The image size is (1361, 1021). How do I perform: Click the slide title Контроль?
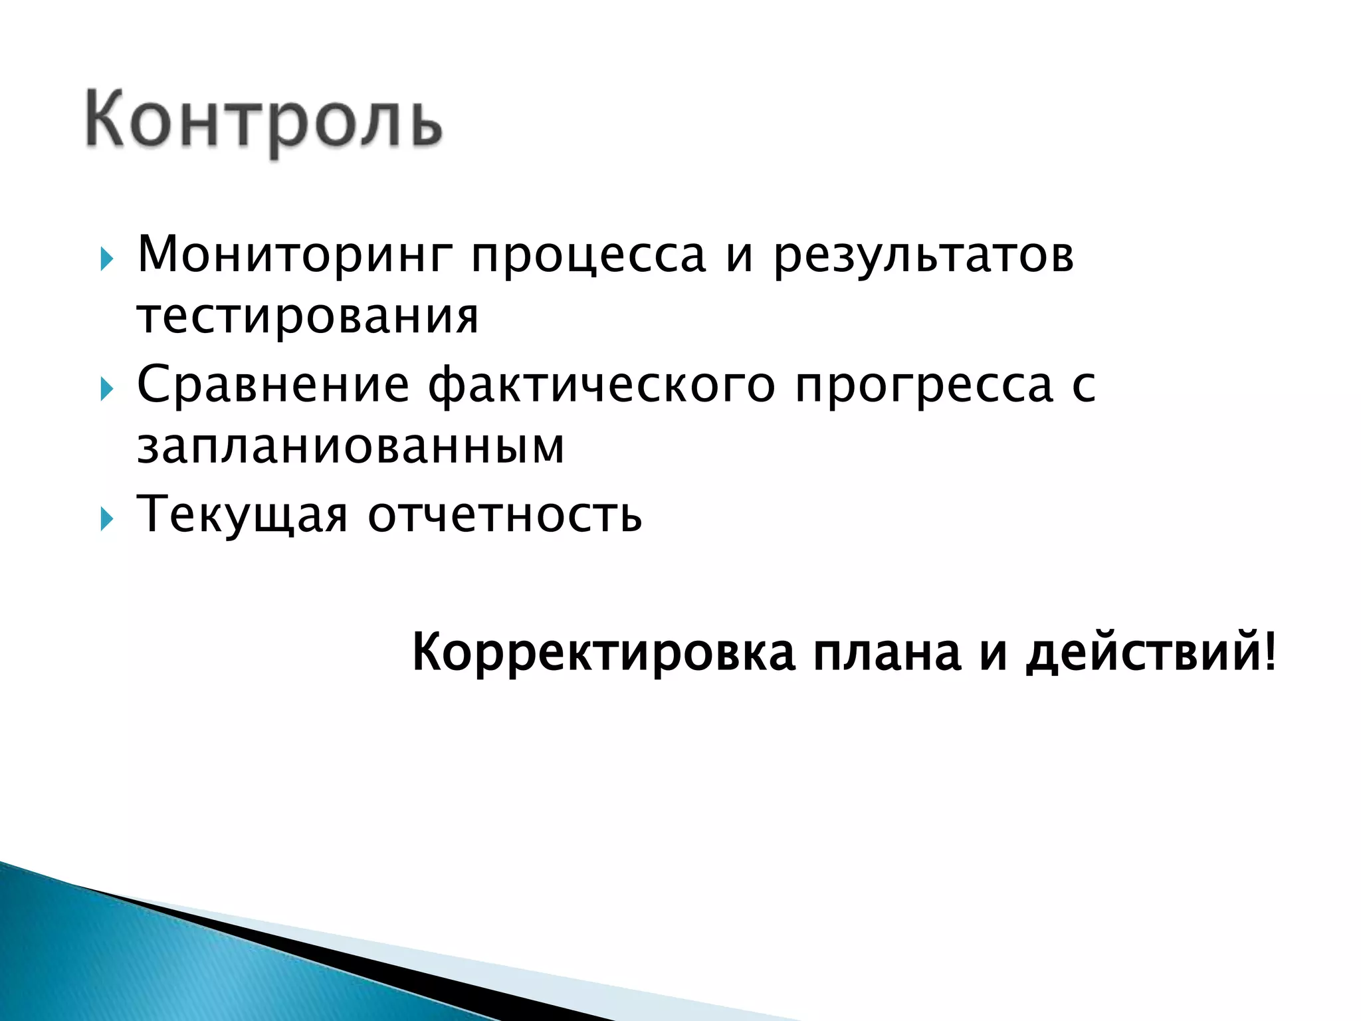pyautogui.click(x=263, y=121)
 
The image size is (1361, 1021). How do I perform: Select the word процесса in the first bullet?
pyautogui.click(x=588, y=256)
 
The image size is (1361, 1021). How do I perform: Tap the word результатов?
pyautogui.click(x=924, y=256)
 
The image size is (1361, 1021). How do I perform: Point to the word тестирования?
pyautogui.click(x=307, y=316)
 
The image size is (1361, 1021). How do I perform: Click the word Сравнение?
pyautogui.click(x=272, y=386)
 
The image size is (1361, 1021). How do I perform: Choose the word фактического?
pyautogui.click(x=601, y=386)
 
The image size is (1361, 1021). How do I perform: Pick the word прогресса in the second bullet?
pyautogui.click(x=924, y=386)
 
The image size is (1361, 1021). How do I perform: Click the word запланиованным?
pyautogui.click(x=350, y=447)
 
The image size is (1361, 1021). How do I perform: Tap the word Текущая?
pyautogui.click(x=242, y=513)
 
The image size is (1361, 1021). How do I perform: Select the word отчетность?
pyautogui.click(x=505, y=514)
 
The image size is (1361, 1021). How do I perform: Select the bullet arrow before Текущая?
pyautogui.click(x=106, y=518)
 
